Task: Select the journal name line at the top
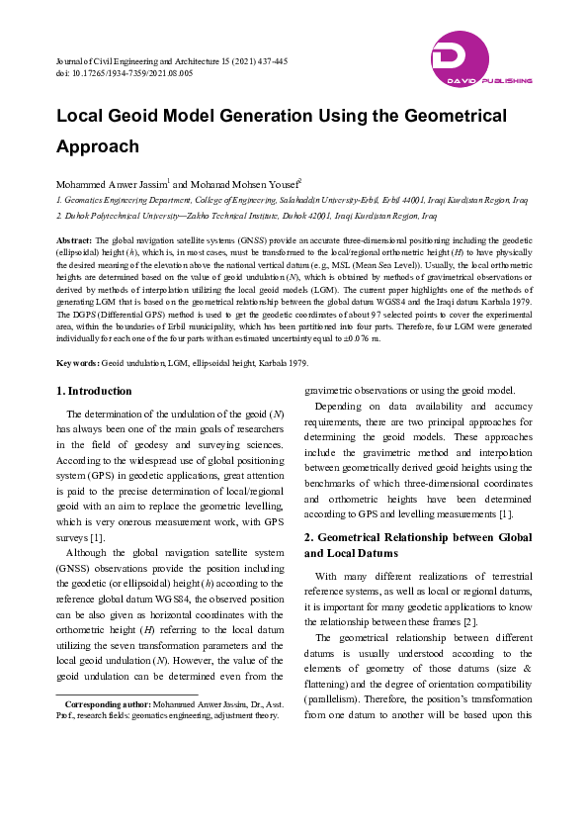172,61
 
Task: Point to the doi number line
125,73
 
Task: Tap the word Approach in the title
98,146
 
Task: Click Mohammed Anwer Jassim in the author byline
111,184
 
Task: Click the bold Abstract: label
74,240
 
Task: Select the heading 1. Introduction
94,391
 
